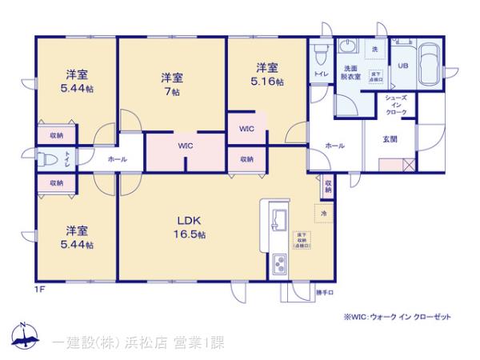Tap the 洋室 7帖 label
tap(171, 84)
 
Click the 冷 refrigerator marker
tap(324, 214)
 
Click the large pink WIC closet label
tap(186, 146)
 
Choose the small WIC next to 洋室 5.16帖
tap(246, 127)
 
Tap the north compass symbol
tap(24, 336)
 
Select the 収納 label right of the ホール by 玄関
tap(329, 188)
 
